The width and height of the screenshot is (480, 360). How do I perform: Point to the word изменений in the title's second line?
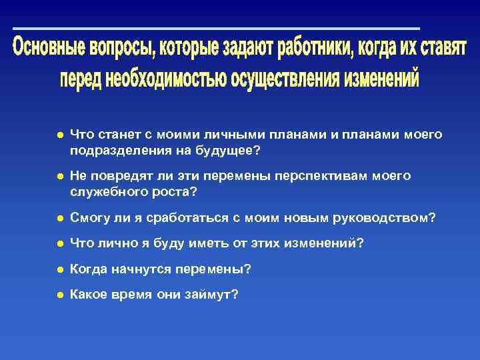coord(381,79)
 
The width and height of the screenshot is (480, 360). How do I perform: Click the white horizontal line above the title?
coord(216,29)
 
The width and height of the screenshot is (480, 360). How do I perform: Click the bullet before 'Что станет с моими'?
coord(59,135)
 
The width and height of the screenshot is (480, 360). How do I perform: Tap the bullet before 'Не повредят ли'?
coord(59,177)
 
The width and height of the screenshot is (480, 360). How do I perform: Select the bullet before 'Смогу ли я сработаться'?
coord(59,218)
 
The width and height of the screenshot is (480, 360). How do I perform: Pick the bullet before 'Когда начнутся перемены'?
coord(59,269)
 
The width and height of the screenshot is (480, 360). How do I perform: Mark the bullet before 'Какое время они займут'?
coord(59,294)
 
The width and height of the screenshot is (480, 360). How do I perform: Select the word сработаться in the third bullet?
coord(183,218)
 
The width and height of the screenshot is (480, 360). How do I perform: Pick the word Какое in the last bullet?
coord(88,294)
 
